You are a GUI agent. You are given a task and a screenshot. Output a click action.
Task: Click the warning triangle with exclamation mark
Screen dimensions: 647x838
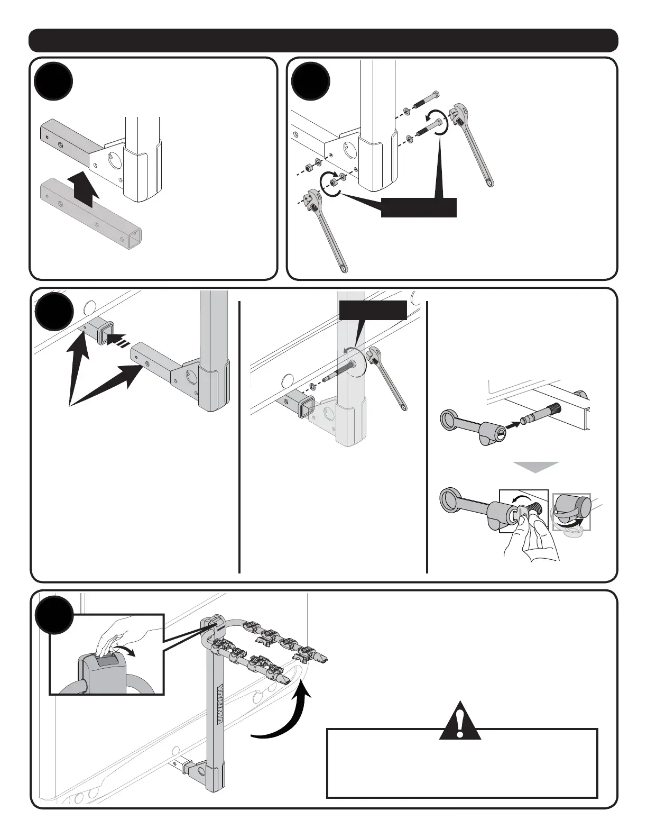click(461, 722)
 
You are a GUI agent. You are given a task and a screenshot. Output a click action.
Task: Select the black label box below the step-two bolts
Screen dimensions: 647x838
click(419, 208)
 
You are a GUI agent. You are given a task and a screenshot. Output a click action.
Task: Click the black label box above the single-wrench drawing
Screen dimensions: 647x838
click(373, 310)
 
